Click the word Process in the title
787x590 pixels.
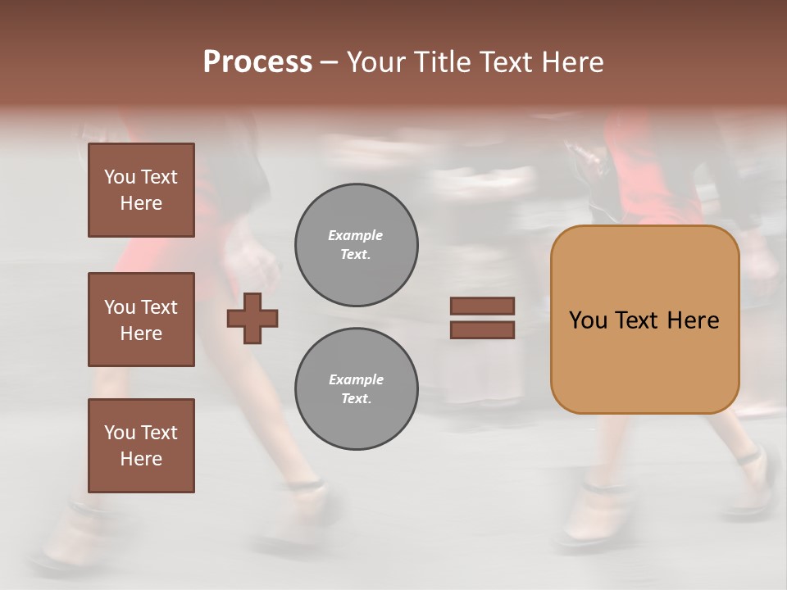(x=257, y=62)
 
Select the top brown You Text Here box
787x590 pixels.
(x=141, y=190)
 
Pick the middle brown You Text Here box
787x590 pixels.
(x=141, y=320)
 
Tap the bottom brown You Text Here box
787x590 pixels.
(x=141, y=445)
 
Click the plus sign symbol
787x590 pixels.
(x=252, y=318)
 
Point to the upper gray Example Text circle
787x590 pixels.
(x=356, y=245)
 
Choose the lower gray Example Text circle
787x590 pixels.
(x=356, y=389)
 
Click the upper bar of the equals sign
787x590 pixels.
(x=482, y=306)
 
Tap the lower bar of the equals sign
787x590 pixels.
(x=482, y=329)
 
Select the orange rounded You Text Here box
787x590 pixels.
(x=644, y=320)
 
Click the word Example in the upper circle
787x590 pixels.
(x=356, y=235)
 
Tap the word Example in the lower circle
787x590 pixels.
(x=356, y=379)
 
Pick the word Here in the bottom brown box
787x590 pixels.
(x=141, y=459)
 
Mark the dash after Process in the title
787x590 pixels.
(x=330, y=62)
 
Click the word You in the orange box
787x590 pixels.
(x=588, y=320)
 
